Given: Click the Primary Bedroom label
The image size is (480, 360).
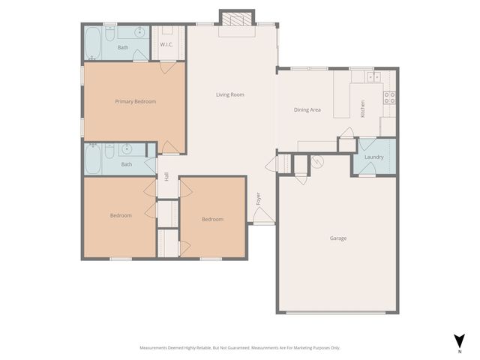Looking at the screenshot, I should (135, 101).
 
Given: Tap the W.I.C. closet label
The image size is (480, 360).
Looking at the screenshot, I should (166, 45).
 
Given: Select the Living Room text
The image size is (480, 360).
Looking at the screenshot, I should (230, 94).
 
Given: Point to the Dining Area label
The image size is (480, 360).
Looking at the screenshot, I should (307, 110).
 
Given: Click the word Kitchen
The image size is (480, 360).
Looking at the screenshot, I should (363, 109).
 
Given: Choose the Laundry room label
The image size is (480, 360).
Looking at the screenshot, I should (373, 157).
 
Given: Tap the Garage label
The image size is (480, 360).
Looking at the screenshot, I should (338, 238).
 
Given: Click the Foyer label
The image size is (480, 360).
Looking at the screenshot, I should (259, 199).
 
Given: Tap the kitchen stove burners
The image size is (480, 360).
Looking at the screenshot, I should (389, 96).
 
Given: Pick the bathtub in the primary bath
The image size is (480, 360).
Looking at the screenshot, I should (93, 43).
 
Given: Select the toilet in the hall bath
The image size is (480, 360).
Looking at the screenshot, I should (109, 152).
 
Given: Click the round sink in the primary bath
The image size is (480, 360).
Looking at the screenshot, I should (139, 33).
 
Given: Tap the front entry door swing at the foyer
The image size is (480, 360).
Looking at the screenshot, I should (263, 216).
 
